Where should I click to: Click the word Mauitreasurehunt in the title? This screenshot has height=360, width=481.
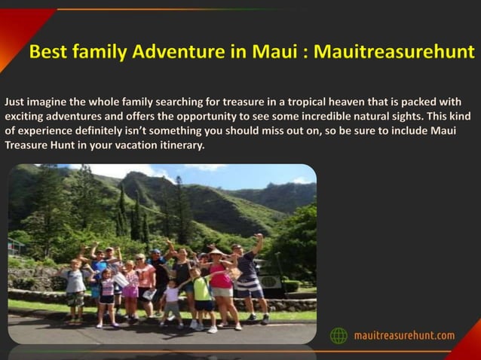394,53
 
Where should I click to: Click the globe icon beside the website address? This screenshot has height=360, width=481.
340,335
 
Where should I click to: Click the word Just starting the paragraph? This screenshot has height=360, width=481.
16,100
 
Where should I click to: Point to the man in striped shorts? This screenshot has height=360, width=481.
250,279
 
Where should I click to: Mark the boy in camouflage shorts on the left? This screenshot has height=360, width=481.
75,290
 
